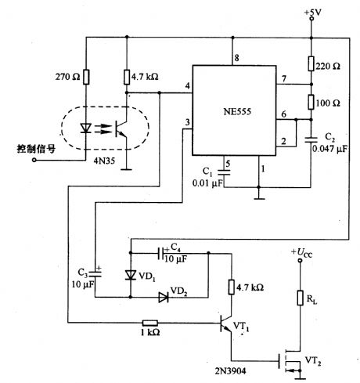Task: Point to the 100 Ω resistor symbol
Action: pos(311,102)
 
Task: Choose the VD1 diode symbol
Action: pos(131,275)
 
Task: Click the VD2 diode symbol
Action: pos(163,297)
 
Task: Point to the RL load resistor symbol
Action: pos(300,297)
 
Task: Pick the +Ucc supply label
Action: pos(303,253)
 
